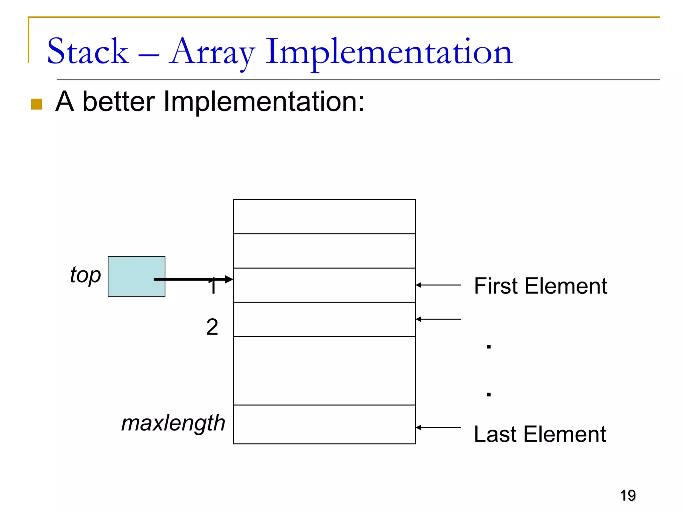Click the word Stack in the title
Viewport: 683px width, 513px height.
coord(88,52)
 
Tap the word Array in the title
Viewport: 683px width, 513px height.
coord(212,52)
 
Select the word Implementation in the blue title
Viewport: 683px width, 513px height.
coord(389,52)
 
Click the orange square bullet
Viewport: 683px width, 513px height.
coord(36,104)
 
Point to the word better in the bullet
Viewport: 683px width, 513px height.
coord(118,102)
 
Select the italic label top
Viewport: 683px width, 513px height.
coord(85,275)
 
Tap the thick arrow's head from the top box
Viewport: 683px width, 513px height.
coord(229,279)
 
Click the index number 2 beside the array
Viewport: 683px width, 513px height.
coord(212,327)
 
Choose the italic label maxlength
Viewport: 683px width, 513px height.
coord(173,423)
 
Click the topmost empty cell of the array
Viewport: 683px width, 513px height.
coord(324,216)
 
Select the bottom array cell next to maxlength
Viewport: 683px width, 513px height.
coord(324,424)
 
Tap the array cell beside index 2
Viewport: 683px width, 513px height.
coord(324,319)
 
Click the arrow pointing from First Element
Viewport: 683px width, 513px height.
coord(438,285)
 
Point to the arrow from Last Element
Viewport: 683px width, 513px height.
coord(438,427)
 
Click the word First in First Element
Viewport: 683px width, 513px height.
coord(495,286)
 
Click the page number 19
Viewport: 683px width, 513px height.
coord(628,495)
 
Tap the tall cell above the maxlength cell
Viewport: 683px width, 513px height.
coord(324,371)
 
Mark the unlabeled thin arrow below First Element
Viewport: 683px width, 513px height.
coord(438,319)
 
